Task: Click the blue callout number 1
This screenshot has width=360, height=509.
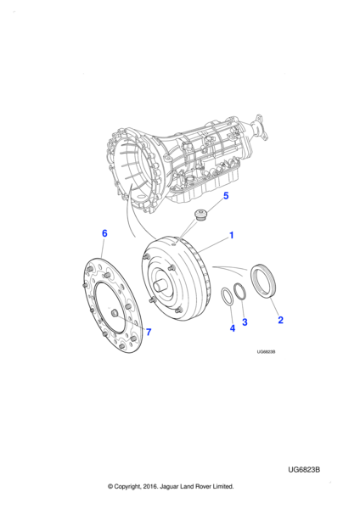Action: (x=232, y=235)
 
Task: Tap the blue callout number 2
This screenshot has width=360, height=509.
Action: (x=280, y=320)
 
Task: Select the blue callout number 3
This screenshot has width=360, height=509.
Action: (x=245, y=322)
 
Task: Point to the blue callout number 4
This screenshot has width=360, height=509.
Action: (x=233, y=328)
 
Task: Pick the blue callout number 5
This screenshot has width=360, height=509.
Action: (x=226, y=196)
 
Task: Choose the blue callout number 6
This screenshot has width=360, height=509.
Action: (x=104, y=233)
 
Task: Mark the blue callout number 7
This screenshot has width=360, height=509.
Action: (x=149, y=332)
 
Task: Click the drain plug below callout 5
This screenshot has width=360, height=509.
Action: (x=200, y=215)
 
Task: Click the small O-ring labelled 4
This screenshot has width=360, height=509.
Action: (x=227, y=296)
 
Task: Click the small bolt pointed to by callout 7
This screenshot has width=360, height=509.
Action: (x=115, y=314)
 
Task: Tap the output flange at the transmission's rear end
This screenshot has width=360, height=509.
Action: (x=261, y=127)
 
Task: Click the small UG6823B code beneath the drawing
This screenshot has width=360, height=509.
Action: (x=266, y=352)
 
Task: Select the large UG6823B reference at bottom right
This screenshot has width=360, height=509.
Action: (x=304, y=470)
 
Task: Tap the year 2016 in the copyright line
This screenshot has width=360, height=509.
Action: (x=149, y=486)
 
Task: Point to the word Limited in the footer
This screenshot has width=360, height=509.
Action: (x=223, y=486)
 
